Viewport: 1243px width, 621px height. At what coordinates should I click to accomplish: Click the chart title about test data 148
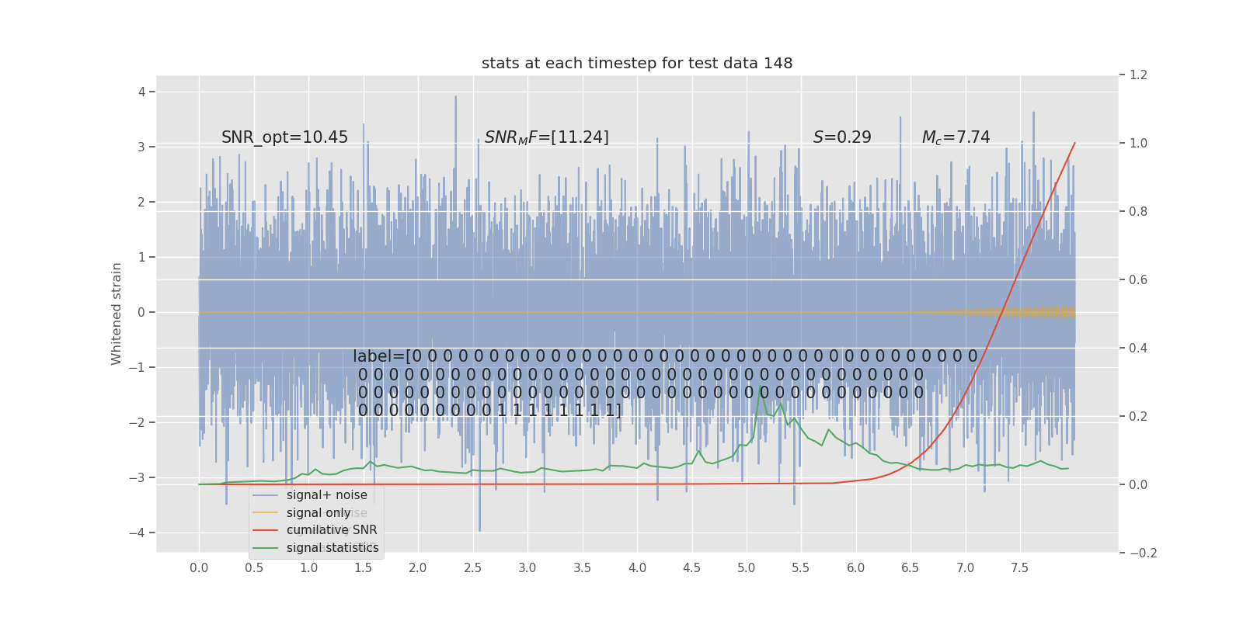tap(637, 64)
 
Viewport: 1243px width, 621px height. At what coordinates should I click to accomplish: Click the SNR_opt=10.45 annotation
tap(284, 137)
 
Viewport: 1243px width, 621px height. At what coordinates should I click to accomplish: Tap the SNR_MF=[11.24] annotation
tap(546, 137)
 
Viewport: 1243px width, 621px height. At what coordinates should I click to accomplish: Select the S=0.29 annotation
tap(842, 137)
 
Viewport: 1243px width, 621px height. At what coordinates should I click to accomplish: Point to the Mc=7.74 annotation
tap(956, 137)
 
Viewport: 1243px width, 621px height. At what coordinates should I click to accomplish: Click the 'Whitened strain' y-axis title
tap(117, 314)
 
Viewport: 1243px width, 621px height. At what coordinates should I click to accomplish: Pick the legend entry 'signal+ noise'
tap(326, 495)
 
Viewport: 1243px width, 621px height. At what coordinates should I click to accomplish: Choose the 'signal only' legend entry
tap(319, 513)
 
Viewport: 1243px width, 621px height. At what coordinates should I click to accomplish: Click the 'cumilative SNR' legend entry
tap(332, 530)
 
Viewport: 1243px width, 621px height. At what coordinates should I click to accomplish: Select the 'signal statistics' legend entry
tap(333, 548)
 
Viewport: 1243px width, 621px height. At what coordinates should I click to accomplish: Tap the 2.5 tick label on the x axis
tap(472, 568)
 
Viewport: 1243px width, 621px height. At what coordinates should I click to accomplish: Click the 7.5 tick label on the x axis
tap(1019, 568)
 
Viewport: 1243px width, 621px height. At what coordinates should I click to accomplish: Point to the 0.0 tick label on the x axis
tap(199, 568)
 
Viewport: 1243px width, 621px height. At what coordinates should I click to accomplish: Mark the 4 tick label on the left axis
tap(142, 92)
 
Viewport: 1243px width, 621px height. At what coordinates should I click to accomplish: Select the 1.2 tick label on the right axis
tap(1138, 75)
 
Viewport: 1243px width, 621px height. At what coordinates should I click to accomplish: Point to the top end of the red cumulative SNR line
tap(1074, 143)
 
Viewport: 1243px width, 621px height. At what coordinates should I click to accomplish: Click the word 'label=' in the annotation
tap(378, 356)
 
